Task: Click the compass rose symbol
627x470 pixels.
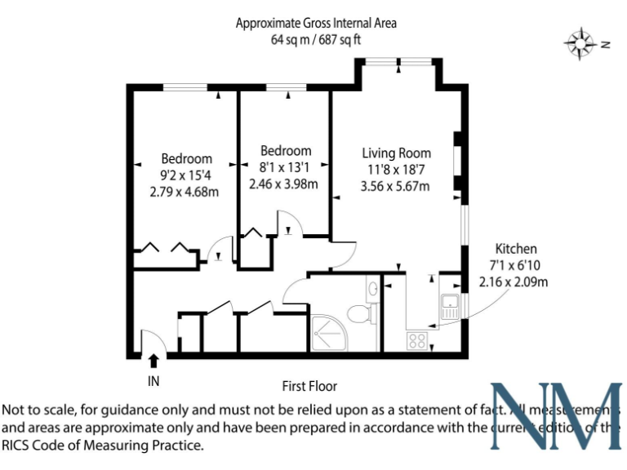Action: (x=580, y=43)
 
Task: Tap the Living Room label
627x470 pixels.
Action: (x=397, y=153)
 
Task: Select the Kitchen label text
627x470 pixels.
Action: (x=516, y=249)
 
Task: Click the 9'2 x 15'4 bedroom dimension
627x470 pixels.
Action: (x=186, y=175)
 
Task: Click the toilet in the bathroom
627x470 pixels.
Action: (x=359, y=313)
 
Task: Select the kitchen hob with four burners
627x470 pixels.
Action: (x=418, y=339)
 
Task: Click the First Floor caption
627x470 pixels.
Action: (x=309, y=386)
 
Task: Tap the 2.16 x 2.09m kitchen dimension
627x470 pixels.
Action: (x=513, y=282)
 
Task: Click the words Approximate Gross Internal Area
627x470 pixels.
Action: (x=316, y=23)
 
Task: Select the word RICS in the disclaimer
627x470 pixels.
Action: (x=19, y=446)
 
